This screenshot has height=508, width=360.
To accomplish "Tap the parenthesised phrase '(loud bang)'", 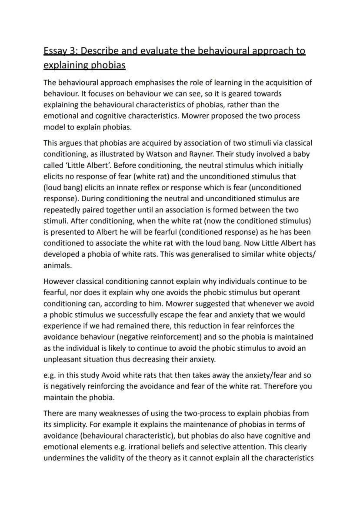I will [x=61, y=188].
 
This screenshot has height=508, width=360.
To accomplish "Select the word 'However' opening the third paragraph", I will [x=58, y=281].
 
